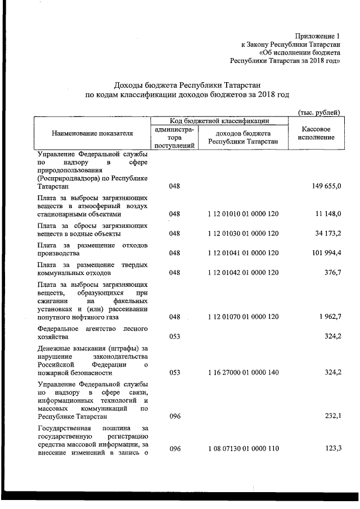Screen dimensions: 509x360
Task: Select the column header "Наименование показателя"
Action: pos(93,133)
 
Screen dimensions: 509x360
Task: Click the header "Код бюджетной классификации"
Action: pos(219,120)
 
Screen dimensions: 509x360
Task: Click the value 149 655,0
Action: pos(325,187)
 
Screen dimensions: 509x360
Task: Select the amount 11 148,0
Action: pos(326,214)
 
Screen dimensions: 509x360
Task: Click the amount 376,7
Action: pos(331,273)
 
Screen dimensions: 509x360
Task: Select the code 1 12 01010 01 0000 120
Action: pos(242,214)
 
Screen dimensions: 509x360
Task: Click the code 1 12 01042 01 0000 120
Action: pos(242,273)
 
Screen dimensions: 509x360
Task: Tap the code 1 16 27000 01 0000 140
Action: pos(242,372)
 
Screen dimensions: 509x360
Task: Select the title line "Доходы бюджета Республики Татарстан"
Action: pos(186,85)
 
